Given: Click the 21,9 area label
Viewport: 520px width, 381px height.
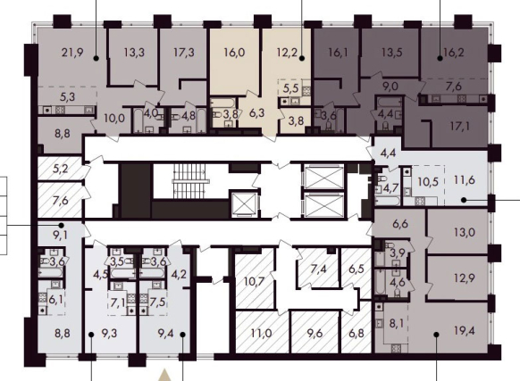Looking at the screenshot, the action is tap(72, 53).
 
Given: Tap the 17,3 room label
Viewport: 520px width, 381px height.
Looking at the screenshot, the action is tap(184, 53).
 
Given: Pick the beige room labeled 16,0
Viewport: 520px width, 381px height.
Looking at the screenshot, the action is tap(234, 62).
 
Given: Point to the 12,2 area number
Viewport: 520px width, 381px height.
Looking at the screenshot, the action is tap(287, 53).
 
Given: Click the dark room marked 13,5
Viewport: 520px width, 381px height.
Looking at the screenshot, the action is tap(391, 53).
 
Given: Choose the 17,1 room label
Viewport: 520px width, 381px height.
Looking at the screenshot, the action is tap(460, 126).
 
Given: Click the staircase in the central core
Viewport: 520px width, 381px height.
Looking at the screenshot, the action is tap(191, 181).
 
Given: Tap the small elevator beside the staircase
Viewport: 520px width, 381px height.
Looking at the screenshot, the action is tap(244, 204).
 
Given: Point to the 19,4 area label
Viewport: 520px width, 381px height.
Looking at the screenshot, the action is tap(465, 330).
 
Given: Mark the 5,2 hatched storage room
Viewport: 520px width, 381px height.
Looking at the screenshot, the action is tap(60, 169).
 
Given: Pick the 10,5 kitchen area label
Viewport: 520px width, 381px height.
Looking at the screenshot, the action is tap(428, 182).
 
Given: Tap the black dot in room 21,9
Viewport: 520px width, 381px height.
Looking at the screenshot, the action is tap(96, 58).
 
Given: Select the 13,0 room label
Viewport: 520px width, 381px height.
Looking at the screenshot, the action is tap(465, 232).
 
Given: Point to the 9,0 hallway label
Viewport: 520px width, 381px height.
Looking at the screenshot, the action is tap(390, 87).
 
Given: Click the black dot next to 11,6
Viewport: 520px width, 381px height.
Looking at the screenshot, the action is tap(464, 200).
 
